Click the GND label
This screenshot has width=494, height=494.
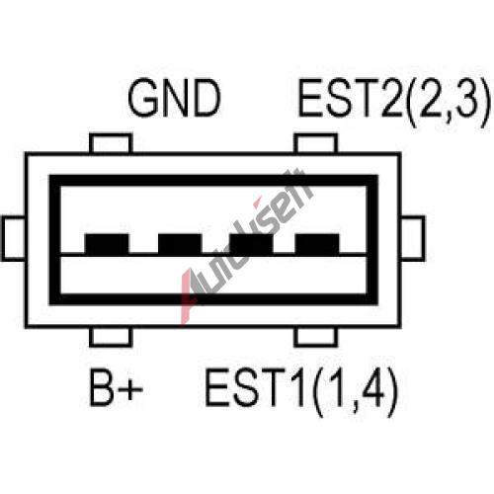click(174, 98)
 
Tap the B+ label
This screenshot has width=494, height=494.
click(117, 387)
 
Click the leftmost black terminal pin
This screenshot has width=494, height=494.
click(107, 244)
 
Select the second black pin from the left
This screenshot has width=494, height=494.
click(180, 244)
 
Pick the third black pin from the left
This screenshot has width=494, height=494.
click(251, 244)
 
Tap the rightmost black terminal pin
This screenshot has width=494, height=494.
click(317, 244)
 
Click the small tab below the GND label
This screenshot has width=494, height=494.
click(111, 143)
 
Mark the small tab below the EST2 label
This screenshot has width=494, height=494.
click(316, 143)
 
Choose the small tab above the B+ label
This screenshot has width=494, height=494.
click(111, 337)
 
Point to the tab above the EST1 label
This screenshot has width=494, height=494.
click(316, 337)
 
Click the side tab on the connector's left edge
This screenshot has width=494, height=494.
click(14, 238)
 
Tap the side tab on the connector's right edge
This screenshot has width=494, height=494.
click(412, 238)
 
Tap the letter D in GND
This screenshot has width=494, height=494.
click(206, 98)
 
